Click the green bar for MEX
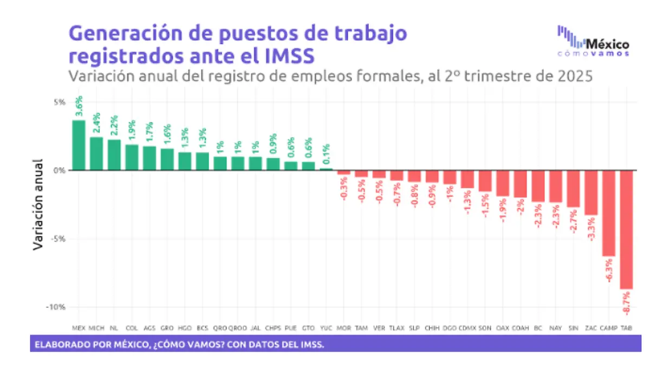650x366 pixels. click(79, 145)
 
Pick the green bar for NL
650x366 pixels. click(114, 155)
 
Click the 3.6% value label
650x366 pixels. click(79, 106)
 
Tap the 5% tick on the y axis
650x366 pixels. click(59, 102)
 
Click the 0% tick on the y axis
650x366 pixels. click(59, 170)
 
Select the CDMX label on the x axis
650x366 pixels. click(467, 328)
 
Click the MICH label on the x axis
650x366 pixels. click(96, 328)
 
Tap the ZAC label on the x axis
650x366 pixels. click(591, 328)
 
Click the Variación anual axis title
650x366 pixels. click(38, 204)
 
